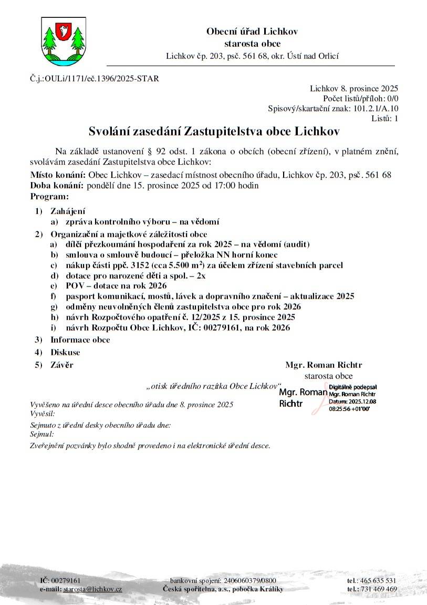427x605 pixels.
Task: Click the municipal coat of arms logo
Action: pos(63,40)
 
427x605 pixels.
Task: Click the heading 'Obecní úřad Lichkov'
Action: pos(252,31)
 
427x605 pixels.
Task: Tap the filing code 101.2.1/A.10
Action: pos(371,109)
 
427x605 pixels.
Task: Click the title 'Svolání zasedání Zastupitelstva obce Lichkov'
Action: pos(214,130)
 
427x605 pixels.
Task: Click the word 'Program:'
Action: pos(49,196)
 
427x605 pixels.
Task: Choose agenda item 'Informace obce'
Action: pos(80,339)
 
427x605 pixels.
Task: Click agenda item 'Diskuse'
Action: pos(65,352)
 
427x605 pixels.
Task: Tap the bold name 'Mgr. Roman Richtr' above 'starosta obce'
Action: pos(324,365)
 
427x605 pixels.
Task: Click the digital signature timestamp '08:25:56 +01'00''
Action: pos(350,408)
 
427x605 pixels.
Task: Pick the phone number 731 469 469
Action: pos(379,589)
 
